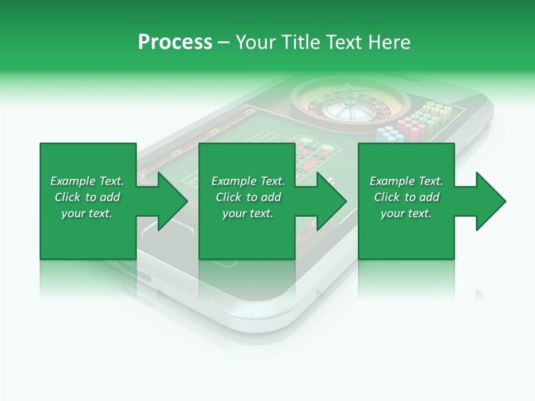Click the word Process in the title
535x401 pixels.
click(x=175, y=42)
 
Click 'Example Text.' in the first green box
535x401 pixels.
click(x=87, y=181)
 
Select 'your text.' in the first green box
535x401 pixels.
click(x=87, y=213)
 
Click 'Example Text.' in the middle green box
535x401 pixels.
click(x=248, y=181)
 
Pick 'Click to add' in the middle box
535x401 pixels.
click(x=248, y=197)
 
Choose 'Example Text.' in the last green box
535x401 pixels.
click(x=406, y=181)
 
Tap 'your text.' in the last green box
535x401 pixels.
click(x=406, y=213)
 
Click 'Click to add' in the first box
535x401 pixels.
click(x=87, y=197)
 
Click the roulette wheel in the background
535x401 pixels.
click(x=350, y=103)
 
